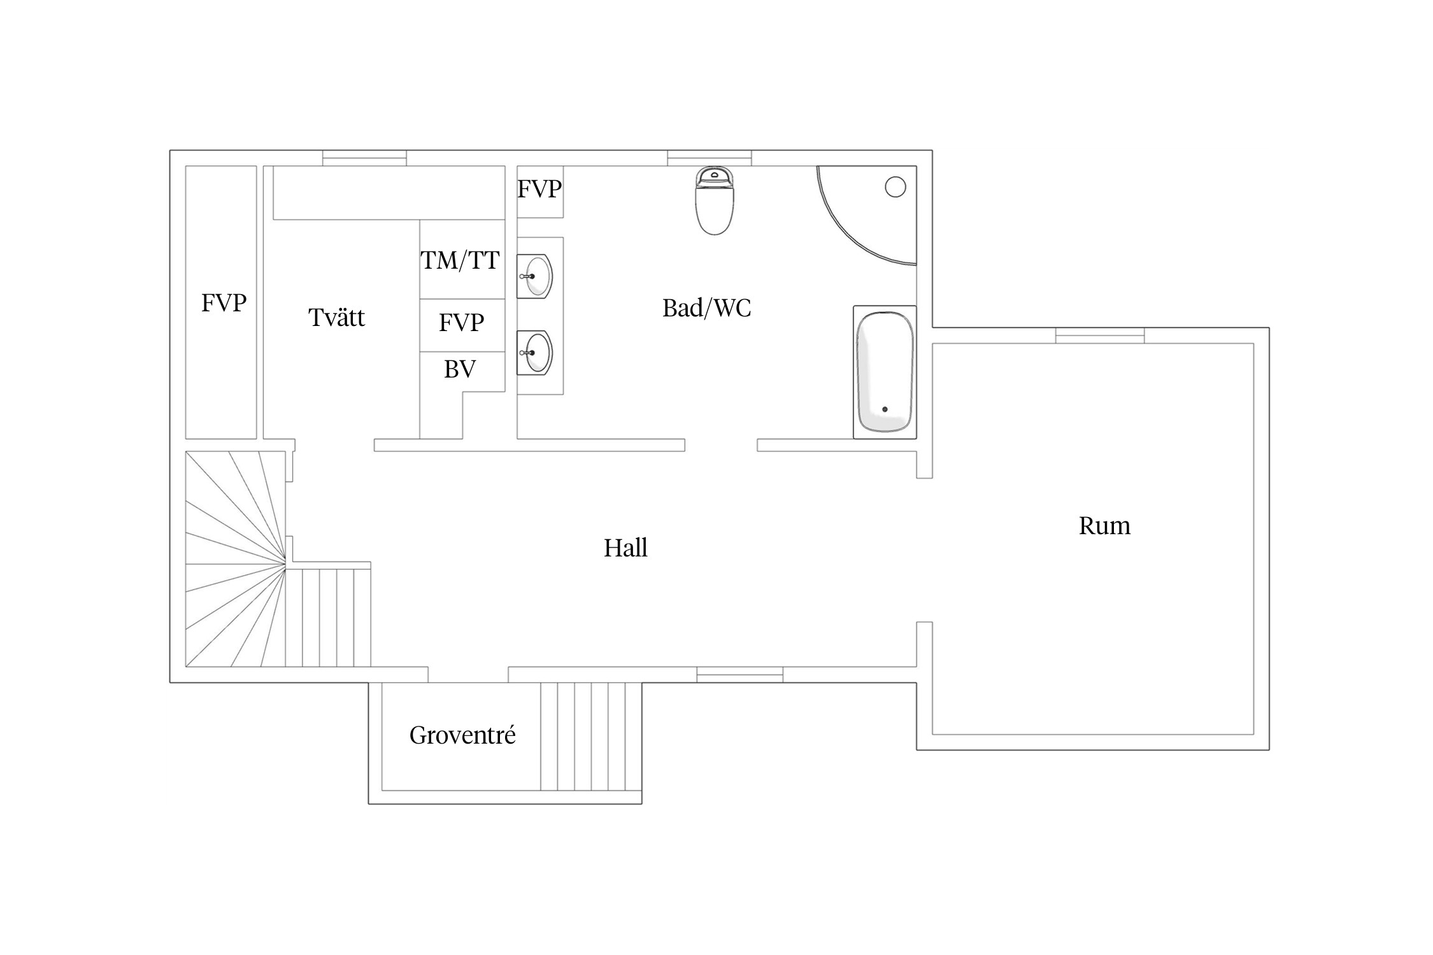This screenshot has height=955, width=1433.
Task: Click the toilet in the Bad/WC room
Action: pos(715,201)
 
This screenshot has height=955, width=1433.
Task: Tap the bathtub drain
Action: pos(885,409)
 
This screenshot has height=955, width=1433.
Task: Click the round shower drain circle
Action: pos(895,187)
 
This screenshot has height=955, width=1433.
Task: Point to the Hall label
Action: pos(625,548)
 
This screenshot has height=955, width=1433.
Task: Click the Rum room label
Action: pos(1104,526)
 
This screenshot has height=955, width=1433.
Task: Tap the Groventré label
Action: pos(462,735)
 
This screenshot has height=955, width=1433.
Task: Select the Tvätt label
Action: pos(337,317)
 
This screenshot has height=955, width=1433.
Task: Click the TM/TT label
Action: pos(460,260)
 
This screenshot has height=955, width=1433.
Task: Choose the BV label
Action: pos(460,369)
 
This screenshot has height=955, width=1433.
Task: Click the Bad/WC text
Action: pos(707,308)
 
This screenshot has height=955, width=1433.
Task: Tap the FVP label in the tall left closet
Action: pos(224,303)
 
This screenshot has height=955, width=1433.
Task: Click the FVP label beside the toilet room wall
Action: pos(539,189)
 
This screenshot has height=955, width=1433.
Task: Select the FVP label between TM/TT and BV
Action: pos(461,323)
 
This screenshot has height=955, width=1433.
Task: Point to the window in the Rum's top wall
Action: pos(1100,336)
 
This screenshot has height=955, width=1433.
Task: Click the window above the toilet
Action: pos(709,158)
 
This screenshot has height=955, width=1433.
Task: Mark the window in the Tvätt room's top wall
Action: pos(364,158)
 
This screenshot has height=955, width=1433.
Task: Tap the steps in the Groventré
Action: pos(591,737)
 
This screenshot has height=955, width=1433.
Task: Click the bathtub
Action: pos(885,372)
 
